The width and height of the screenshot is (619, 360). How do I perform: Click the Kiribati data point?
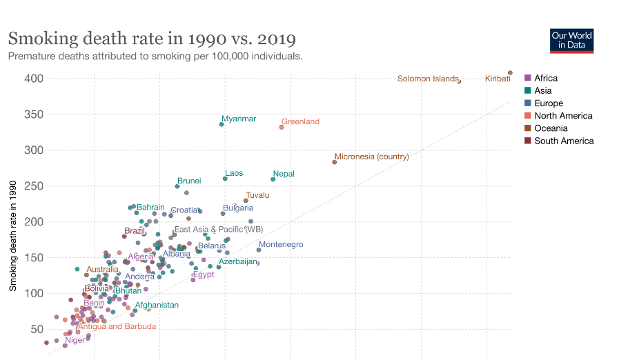[x=510, y=72]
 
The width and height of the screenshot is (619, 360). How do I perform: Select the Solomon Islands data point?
[x=459, y=81]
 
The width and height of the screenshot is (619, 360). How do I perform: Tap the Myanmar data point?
[x=222, y=124]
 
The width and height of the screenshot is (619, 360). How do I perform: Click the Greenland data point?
[x=282, y=127]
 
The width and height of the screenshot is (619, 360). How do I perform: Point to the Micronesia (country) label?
[x=371, y=157]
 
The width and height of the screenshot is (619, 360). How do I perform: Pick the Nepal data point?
[x=273, y=179]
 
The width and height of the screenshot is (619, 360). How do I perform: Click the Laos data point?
[x=225, y=179]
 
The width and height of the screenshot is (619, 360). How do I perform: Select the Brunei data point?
[x=177, y=186]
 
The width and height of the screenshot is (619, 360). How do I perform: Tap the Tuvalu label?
[x=257, y=195]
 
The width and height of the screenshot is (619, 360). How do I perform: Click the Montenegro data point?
[x=259, y=250]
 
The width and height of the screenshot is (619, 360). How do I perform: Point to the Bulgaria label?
[x=237, y=208]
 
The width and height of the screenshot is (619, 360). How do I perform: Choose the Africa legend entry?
[x=541, y=78]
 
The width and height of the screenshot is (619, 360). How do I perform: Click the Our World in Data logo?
[x=571, y=41]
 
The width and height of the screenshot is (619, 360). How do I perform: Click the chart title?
[x=152, y=38]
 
